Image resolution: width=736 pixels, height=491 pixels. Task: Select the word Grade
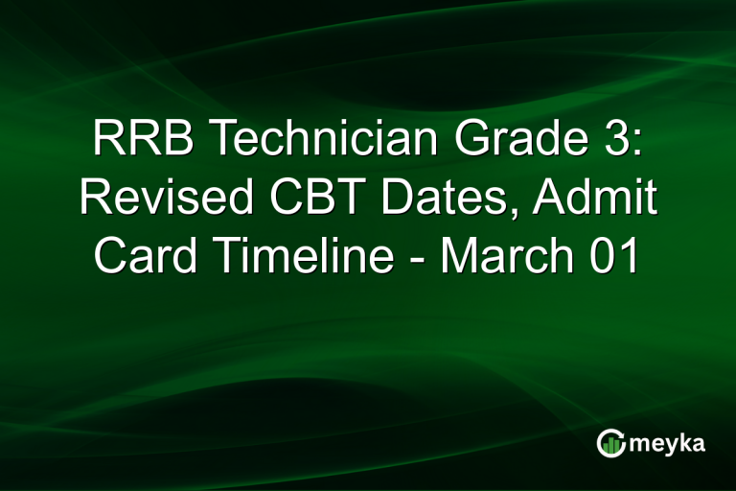507,141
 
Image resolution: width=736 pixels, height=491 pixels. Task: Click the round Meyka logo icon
610,443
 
